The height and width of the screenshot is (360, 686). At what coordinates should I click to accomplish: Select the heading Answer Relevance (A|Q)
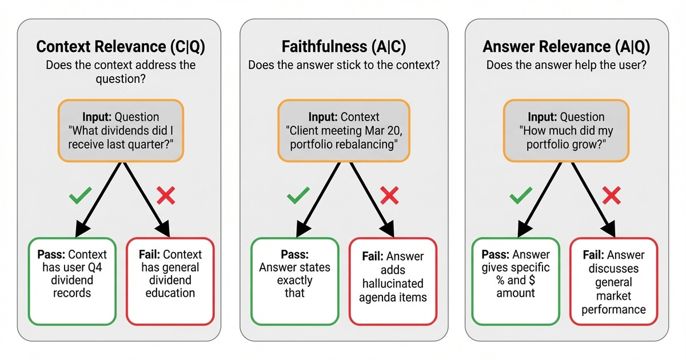(566, 46)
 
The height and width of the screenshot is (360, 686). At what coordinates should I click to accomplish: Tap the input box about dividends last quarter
(120, 130)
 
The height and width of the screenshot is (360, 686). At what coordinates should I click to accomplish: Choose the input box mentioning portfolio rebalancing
(344, 130)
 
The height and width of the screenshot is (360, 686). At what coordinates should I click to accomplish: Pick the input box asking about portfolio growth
(566, 130)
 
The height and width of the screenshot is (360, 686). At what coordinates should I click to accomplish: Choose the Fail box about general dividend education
(170, 280)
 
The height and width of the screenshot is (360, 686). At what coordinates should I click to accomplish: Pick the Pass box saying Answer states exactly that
(294, 280)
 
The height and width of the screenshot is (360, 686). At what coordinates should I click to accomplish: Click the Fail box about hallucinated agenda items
(393, 280)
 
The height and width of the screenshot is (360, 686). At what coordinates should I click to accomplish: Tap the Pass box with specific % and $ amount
(516, 280)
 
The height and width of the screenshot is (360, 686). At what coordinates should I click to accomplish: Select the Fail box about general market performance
(614, 280)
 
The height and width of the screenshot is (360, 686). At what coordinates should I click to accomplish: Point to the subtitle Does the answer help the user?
(566, 65)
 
